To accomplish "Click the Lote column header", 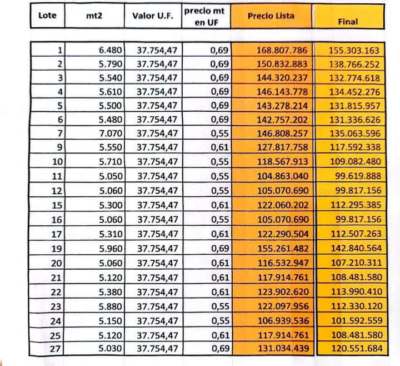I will coord(47,16).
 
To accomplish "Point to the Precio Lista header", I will coord(271,16).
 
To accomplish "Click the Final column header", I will coord(348,22).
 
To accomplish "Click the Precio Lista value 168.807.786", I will coord(282,51).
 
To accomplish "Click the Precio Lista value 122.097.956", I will coord(282,308).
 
